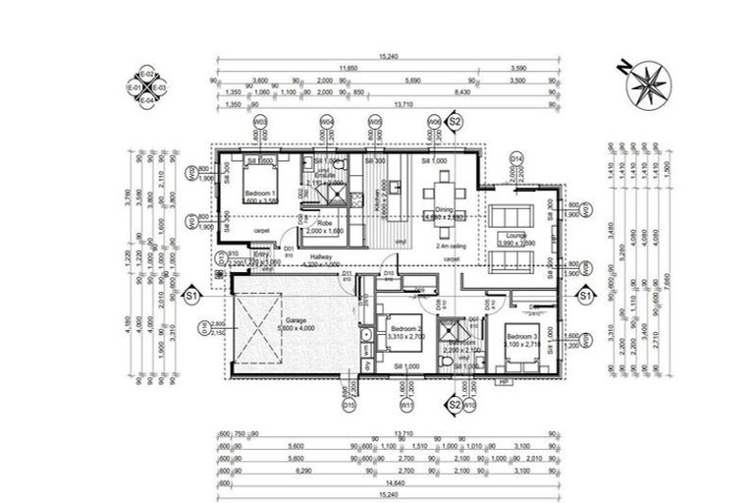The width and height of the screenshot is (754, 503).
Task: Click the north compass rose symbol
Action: pyautogui.click(x=645, y=83)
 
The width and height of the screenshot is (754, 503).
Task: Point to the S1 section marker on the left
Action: pyautogui.click(x=191, y=293)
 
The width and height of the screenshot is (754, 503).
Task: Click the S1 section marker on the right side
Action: pyautogui.click(x=585, y=293)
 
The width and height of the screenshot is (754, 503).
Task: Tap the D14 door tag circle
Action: pyautogui.click(x=515, y=157)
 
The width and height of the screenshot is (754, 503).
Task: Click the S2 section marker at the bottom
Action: pyautogui.click(x=454, y=404)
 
